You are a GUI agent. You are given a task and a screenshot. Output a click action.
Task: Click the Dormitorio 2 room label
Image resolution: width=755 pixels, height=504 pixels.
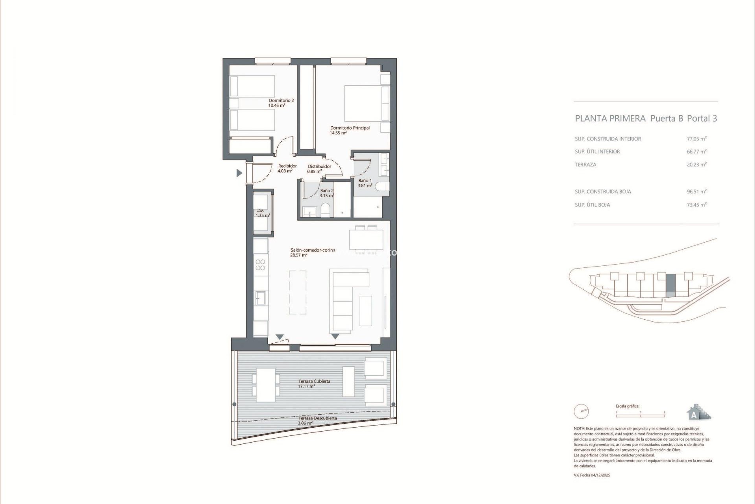pos(281,100)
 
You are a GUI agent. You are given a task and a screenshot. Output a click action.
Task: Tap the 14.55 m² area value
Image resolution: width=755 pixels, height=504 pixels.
pos(338,133)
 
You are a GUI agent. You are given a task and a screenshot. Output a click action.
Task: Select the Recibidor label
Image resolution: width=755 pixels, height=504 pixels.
pos(287,166)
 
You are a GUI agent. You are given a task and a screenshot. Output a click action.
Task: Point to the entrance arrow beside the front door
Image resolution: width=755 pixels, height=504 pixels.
pos(239,173)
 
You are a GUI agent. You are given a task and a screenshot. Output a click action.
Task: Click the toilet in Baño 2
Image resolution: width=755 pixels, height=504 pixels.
pos(326,210)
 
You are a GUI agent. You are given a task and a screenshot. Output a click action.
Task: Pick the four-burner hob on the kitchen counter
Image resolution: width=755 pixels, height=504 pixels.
pos(260,265)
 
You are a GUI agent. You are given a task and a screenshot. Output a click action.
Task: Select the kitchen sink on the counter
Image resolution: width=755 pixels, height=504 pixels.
pos(260,298)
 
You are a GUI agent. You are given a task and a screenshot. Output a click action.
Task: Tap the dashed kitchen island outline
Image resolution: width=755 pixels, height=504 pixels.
pos(298,292)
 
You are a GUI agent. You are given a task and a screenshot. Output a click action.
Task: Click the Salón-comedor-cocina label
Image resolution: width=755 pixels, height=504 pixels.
pos(313,250)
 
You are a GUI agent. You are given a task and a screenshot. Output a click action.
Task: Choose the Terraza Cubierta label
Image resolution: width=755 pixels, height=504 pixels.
pos(314,381)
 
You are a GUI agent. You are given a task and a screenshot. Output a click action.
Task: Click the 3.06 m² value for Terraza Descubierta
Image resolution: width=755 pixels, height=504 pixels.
pos(305,423)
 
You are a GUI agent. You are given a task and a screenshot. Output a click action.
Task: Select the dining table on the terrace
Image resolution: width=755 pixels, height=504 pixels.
pos(266,385)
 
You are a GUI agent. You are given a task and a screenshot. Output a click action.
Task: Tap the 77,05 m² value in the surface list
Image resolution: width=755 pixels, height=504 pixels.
pos(696,139)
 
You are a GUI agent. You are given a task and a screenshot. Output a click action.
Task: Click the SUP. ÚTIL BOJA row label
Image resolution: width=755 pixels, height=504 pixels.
pos(592,205)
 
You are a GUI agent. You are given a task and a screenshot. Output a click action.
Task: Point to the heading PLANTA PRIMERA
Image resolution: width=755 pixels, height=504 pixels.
pos(610,119)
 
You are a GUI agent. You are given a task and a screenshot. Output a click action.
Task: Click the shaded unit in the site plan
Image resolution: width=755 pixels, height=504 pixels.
pos(670,285)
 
